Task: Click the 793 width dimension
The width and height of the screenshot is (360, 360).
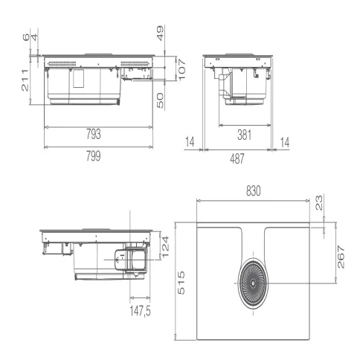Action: click(94, 134)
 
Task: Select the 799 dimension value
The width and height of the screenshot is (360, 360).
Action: click(94, 156)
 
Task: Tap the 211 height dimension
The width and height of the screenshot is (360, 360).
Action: click(25, 80)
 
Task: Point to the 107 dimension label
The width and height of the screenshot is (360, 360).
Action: click(181, 69)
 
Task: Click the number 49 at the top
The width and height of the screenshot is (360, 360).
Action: click(161, 33)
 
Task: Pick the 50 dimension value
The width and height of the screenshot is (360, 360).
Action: click(161, 100)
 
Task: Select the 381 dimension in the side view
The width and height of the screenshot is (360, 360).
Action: click(245, 135)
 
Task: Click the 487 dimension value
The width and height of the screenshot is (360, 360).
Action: click(237, 158)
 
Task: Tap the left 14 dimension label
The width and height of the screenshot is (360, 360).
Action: click(190, 142)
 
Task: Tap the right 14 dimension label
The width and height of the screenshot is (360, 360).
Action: click(285, 142)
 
